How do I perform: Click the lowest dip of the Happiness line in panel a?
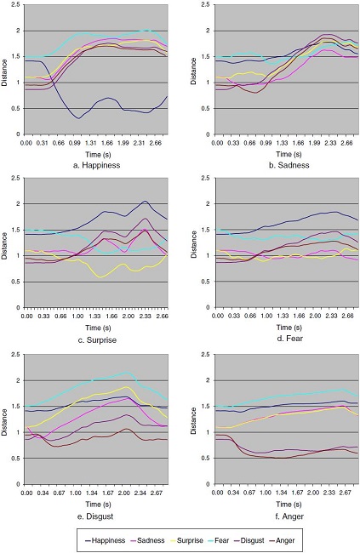(x=78, y=118)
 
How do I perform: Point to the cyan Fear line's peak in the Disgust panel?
(x=128, y=371)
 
